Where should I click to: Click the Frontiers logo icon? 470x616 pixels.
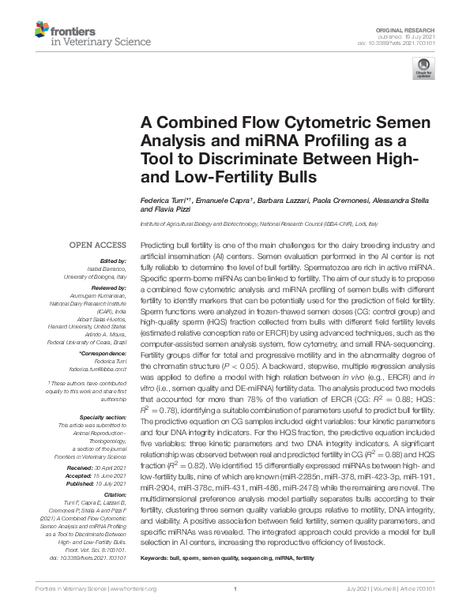(x=42, y=32)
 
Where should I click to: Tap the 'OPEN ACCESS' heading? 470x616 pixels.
(x=98, y=244)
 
